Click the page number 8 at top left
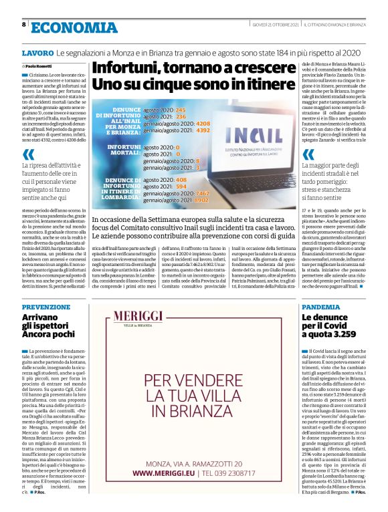(x=24, y=25)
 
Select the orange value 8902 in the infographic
(x=201, y=199)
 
